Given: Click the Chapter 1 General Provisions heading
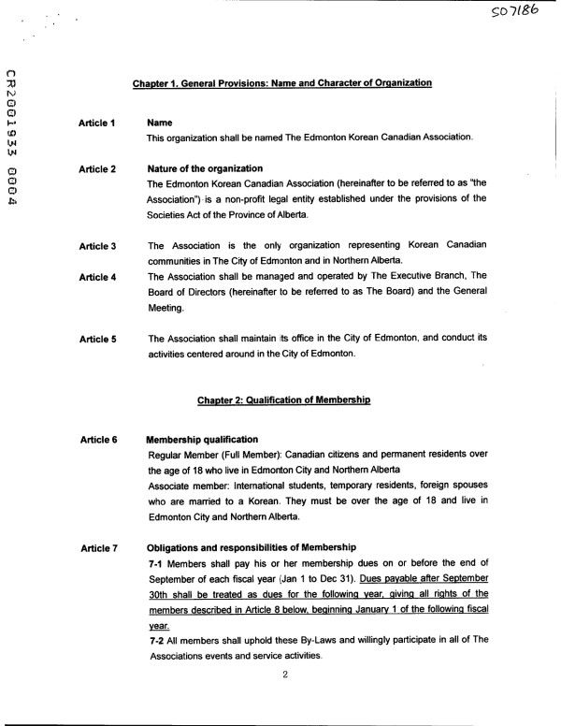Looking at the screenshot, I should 281,83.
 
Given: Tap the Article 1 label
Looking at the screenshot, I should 97,123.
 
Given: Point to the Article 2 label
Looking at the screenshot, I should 97,169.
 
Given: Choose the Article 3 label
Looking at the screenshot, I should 97,246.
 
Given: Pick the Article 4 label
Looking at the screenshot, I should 97,277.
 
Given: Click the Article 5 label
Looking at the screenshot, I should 97,339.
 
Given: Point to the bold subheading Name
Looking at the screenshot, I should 161,123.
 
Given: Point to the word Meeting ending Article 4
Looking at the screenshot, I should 166,308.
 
